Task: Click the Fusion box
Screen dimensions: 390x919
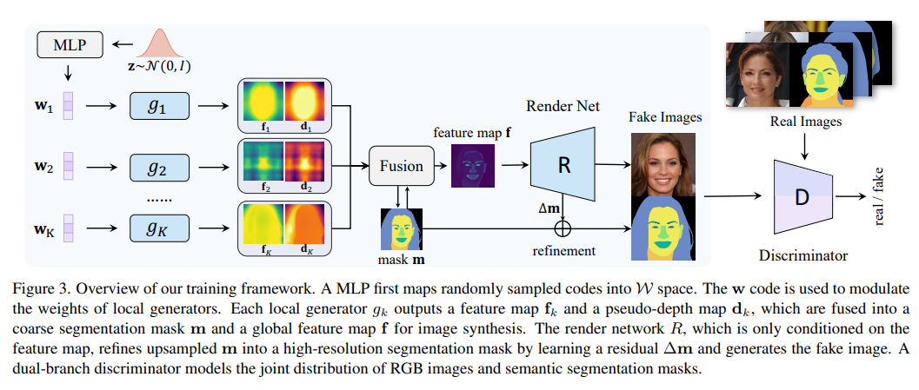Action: click(401, 166)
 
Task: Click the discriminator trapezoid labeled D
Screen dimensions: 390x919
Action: click(801, 198)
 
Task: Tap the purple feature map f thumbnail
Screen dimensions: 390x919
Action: click(472, 165)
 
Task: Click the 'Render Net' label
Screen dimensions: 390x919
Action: click(563, 105)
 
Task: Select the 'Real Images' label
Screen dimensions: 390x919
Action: click(805, 122)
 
